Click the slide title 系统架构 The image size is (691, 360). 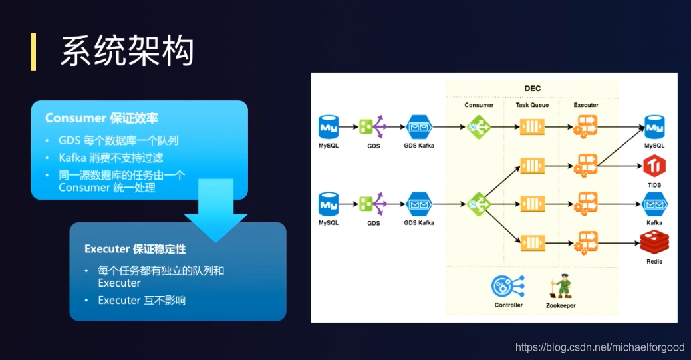pyautogui.click(x=127, y=51)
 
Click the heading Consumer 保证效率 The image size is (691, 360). pyautogui.click(x=102, y=118)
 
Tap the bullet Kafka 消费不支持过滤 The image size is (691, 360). pyautogui.click(x=110, y=158)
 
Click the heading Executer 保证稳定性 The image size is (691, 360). pyautogui.click(x=135, y=249)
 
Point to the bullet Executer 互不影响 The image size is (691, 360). pyautogui.click(x=142, y=301)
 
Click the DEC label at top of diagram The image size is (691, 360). pyautogui.click(x=532, y=89)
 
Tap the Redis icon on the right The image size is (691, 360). pyautogui.click(x=654, y=243)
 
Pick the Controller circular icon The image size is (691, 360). pyautogui.click(x=508, y=286)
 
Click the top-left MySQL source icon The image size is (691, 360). pyautogui.click(x=329, y=126)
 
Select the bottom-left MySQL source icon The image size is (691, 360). pyautogui.click(x=329, y=204)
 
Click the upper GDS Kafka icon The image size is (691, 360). pyautogui.click(x=419, y=126)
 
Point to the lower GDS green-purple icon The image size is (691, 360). pyautogui.click(x=373, y=204)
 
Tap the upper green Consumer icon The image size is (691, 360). pyautogui.click(x=479, y=126)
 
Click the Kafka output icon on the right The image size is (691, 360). pyautogui.click(x=654, y=204)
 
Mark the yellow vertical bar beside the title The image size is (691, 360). pyautogui.click(x=33, y=51)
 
